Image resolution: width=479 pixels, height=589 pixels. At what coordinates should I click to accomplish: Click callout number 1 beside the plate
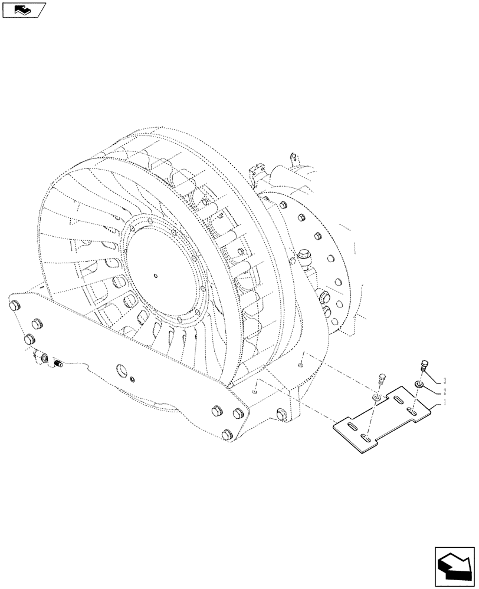pyautogui.click(x=444, y=403)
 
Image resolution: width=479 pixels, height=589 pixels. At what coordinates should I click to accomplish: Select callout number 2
pyautogui.click(x=444, y=392)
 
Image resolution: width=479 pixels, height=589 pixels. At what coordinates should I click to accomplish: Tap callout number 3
pyautogui.click(x=444, y=380)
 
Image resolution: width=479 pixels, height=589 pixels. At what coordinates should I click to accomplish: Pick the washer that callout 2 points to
pyautogui.click(x=419, y=385)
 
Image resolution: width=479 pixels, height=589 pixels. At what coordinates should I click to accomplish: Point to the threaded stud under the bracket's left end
pyautogui.click(x=58, y=363)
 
